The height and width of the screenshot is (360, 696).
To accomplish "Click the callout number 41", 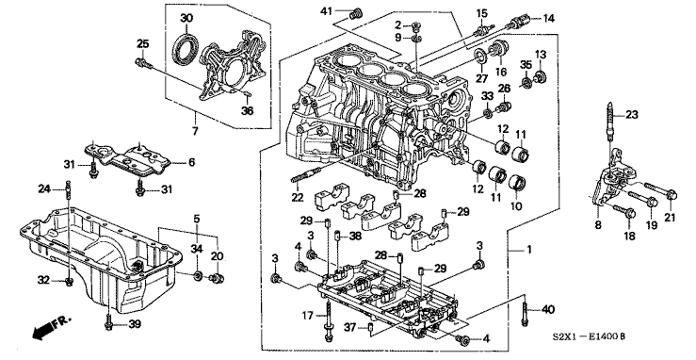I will tap(327, 11).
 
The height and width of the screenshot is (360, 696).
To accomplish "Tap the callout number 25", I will tap(143, 44).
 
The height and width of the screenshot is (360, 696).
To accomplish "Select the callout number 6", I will tap(192, 162).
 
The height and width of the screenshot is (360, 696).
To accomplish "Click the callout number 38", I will tap(356, 237).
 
